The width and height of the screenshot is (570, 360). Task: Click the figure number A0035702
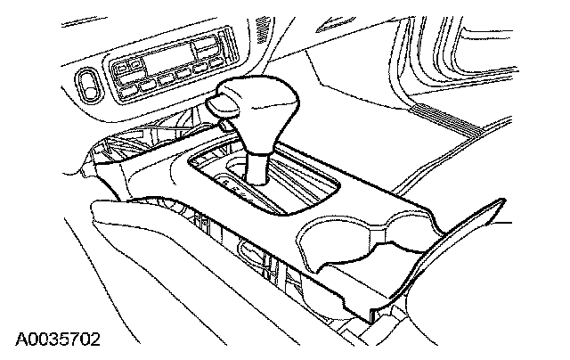tap(58, 340)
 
